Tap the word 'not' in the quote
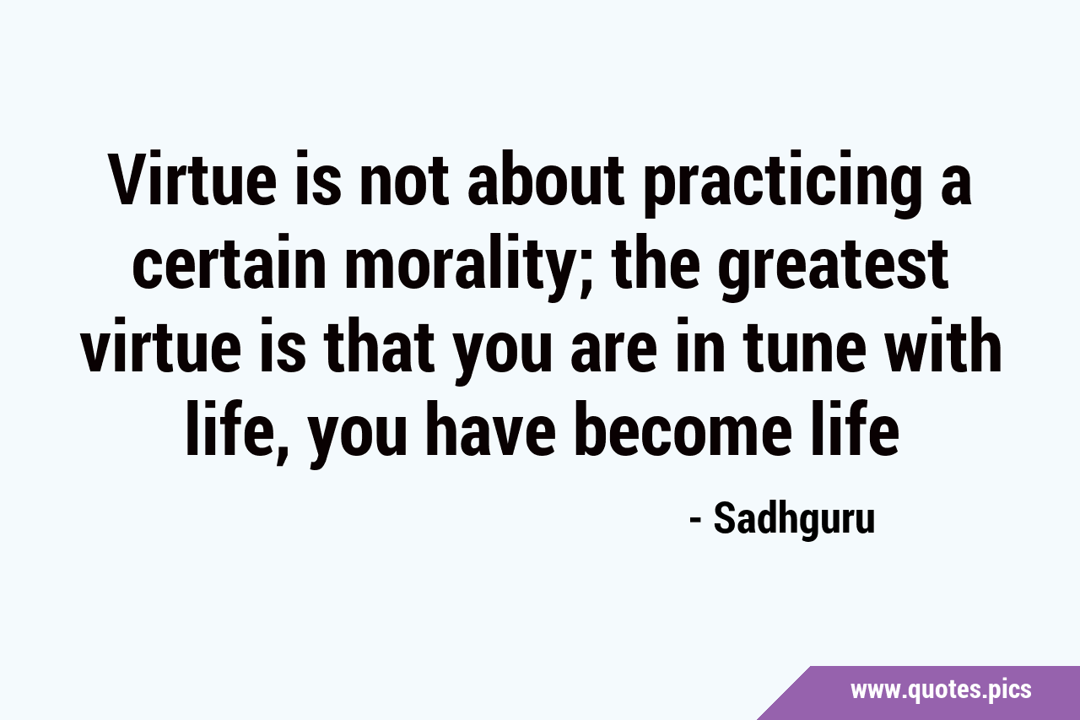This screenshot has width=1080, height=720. pos(402,180)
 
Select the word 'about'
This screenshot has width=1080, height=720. pos(546,178)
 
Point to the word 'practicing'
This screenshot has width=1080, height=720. pos(786,184)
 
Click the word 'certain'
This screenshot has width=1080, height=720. pos(228,262)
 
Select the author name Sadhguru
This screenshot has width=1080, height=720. pos(794,520)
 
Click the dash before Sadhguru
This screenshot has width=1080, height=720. pos(695,522)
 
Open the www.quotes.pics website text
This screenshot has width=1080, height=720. pos(941,690)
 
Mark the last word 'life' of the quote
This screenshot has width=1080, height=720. pos(856,428)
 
